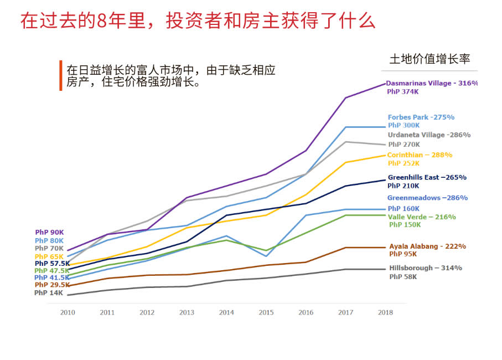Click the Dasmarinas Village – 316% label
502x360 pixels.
432,83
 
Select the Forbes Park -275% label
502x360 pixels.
421,117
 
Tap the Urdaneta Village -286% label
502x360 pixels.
429,135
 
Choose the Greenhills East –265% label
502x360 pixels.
426,177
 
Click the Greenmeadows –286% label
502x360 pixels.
427,198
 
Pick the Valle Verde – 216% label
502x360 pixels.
422,217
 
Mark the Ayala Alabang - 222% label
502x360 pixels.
427,246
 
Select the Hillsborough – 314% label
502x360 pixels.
426,268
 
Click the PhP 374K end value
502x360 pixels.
402,92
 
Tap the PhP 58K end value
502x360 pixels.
402,276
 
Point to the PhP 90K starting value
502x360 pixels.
49,233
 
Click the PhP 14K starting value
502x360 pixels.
49,293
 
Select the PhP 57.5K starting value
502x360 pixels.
52,264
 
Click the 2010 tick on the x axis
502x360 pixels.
68,312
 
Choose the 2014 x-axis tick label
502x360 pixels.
226,312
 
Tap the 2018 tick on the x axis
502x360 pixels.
385,312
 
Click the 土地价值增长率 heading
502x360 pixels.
429,60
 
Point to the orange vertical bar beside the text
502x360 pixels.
60,75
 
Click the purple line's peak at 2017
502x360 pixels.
345,98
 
